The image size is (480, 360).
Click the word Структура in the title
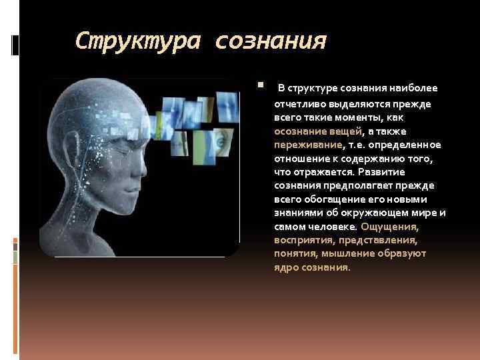click(137, 42)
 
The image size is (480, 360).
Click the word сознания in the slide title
click(271, 42)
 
